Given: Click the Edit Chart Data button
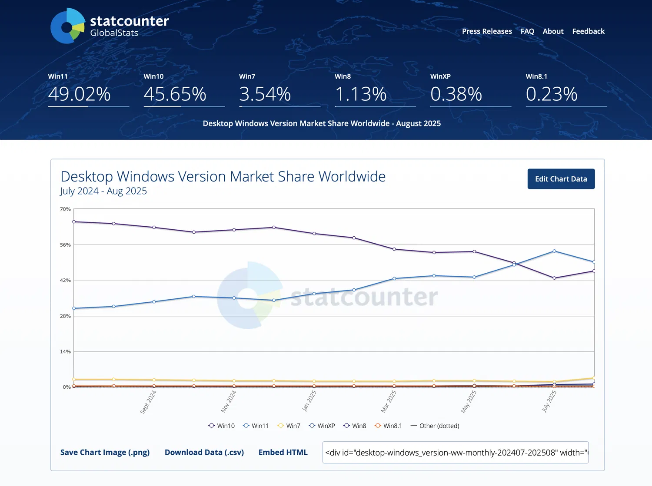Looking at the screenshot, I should [561, 179].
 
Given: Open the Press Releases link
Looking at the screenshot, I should [487, 31].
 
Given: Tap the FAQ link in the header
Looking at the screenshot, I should [527, 31].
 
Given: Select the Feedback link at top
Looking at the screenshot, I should [588, 31].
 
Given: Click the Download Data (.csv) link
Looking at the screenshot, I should [204, 453].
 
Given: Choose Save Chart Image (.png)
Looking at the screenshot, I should [105, 453].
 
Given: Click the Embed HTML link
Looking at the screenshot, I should [283, 453].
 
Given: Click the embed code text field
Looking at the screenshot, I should [455, 453].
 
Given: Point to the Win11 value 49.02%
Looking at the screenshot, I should [80, 94].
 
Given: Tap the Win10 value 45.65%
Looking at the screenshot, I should [175, 94].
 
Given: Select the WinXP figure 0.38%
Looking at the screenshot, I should [456, 94].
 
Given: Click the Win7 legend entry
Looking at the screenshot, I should [289, 426].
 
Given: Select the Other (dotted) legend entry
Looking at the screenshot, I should [435, 426].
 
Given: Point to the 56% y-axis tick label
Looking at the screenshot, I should [65, 245].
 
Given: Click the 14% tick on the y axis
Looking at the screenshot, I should [65, 352].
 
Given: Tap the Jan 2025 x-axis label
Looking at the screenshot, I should [309, 400].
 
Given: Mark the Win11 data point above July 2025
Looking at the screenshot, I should [554, 251].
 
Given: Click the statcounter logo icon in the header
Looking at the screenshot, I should [67, 26].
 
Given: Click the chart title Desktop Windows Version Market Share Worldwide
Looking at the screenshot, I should [223, 176].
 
